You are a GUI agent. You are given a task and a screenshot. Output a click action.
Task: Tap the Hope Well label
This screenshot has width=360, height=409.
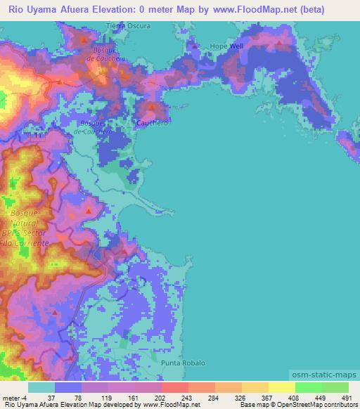(x=226, y=46)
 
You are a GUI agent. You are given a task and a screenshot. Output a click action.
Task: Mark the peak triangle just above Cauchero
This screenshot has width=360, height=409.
(x=151, y=107)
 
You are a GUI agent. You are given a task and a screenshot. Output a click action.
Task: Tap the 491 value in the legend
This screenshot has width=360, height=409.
(x=345, y=397)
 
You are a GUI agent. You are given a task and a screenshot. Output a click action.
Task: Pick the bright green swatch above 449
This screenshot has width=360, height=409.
(x=308, y=387)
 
